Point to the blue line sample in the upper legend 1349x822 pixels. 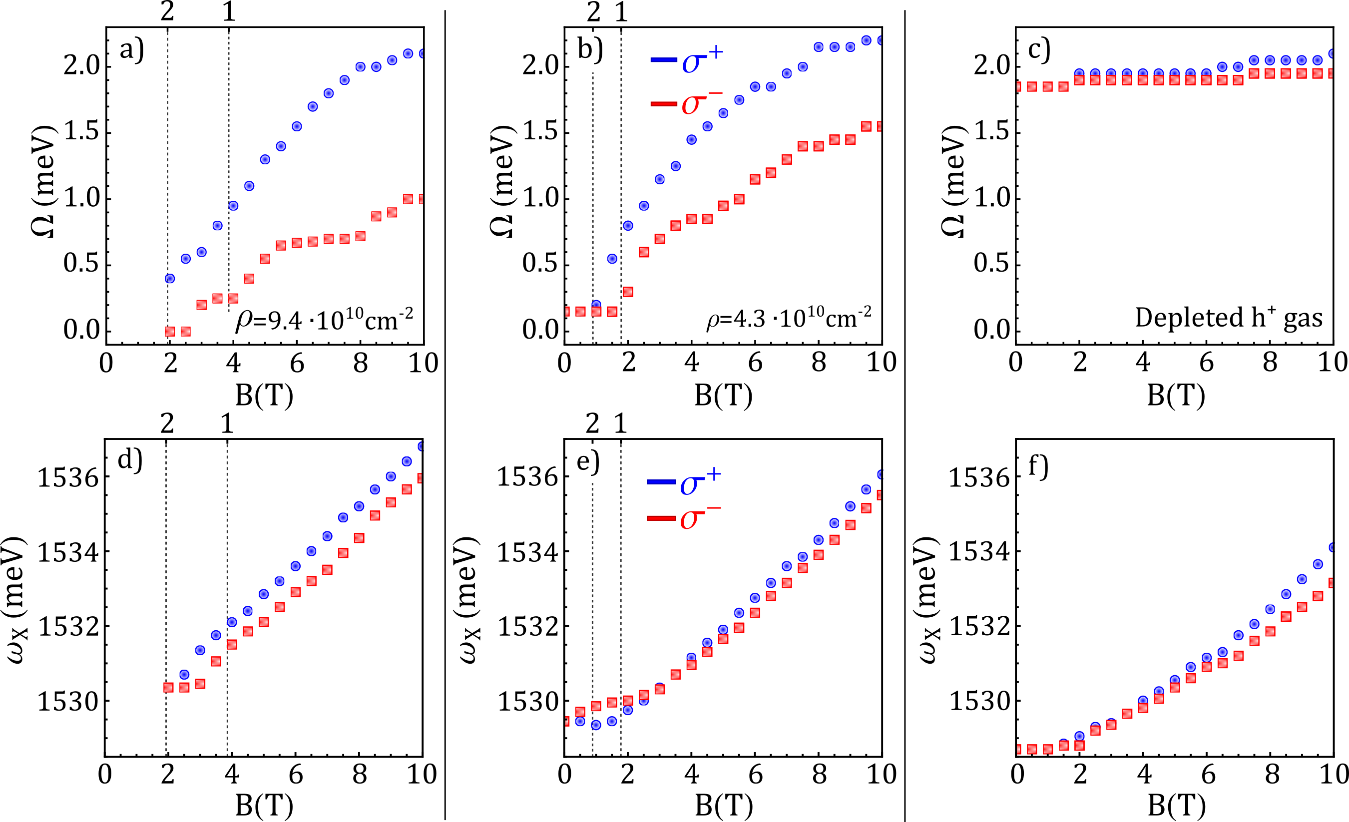pyautogui.click(x=664, y=60)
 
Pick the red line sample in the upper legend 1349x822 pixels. pyautogui.click(x=664, y=103)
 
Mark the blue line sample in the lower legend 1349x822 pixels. pyautogui.click(x=661, y=481)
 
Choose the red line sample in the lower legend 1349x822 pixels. pyautogui.click(x=661, y=518)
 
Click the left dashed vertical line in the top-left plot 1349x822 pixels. pyautogui.click(x=167, y=164)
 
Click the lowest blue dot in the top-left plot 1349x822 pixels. pyautogui.click(x=170, y=279)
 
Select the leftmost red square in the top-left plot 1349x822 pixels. pyautogui.click(x=170, y=332)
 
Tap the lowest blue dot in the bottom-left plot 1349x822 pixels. pyautogui.click(x=184, y=675)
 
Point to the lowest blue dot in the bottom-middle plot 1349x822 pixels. pyautogui.click(x=596, y=725)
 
